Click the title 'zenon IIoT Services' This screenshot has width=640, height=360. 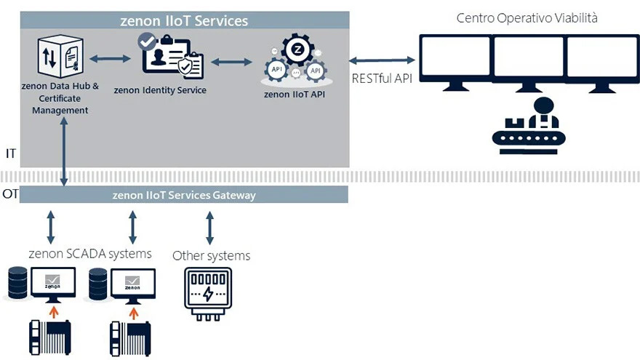pos(184,21)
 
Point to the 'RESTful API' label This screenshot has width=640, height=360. pos(381,79)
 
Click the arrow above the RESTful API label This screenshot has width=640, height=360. pos(382,60)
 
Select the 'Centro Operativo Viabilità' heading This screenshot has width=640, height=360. pos(527,17)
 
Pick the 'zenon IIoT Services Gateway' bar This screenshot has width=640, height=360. pos(184,195)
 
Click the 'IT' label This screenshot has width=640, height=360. pos(10,154)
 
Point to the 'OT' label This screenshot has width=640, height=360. pos(10,194)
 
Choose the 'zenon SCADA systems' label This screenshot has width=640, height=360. pos(90,254)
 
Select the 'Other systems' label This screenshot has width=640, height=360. pos(211,255)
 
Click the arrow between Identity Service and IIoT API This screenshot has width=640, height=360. pos(227,62)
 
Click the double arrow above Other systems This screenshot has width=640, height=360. pos(209,227)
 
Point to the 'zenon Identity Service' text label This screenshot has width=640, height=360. pos(160,90)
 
